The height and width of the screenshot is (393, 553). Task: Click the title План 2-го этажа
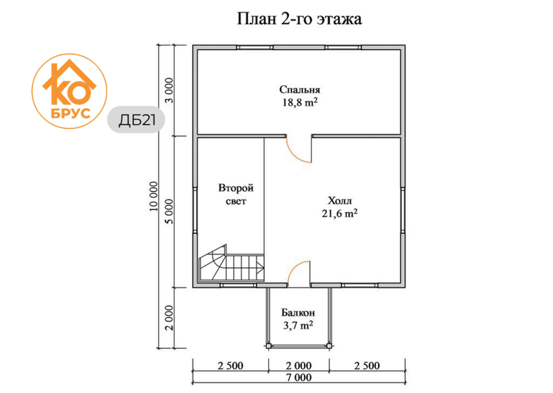pyautogui.click(x=299, y=19)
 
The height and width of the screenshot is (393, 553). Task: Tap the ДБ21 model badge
pyautogui.click(x=137, y=120)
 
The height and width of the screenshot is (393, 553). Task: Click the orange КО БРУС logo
pyautogui.click(x=70, y=91)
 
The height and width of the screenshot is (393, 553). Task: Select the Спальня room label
pyautogui.click(x=299, y=90)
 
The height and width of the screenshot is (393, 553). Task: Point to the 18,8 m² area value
pyautogui.click(x=299, y=102)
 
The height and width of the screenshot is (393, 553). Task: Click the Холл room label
pyautogui.click(x=340, y=201)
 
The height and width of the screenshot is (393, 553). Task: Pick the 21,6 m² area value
pyautogui.click(x=340, y=213)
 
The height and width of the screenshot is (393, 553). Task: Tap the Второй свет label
pyautogui.click(x=236, y=194)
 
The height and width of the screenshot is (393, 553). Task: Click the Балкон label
pyautogui.click(x=298, y=313)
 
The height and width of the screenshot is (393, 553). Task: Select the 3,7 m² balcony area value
pyautogui.click(x=298, y=325)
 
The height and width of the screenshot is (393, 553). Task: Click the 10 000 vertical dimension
pyautogui.click(x=153, y=196)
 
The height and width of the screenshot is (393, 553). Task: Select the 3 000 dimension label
pyautogui.click(x=170, y=90)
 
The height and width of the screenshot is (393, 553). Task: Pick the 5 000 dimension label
pyautogui.click(x=170, y=212)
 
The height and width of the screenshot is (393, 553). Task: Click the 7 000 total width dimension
pyautogui.click(x=299, y=378)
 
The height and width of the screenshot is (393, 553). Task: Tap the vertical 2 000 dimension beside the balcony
pyautogui.click(x=170, y=318)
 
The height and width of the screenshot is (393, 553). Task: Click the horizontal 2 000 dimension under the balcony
pyautogui.click(x=299, y=365)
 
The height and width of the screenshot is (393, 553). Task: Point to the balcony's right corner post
pyautogui.click(x=330, y=346)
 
